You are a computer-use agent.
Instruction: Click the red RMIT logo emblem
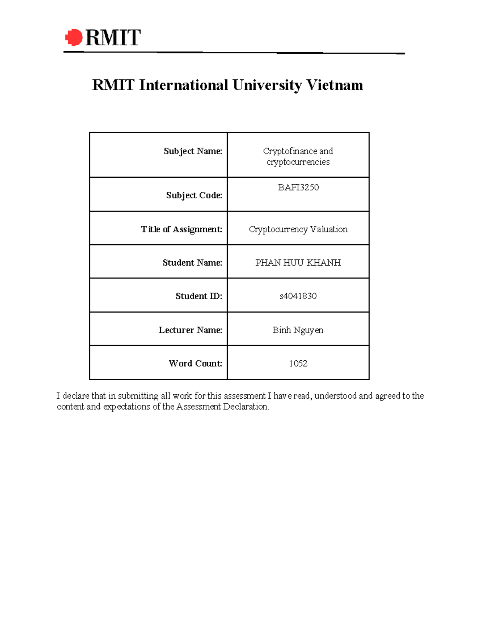(x=74, y=37)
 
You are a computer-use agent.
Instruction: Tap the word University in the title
(x=267, y=85)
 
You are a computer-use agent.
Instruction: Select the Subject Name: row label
(x=193, y=151)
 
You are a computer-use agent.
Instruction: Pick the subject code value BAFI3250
(x=298, y=187)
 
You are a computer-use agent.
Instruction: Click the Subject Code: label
(x=194, y=195)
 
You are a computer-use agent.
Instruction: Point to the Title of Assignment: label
(x=182, y=229)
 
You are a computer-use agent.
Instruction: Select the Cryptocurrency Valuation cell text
(x=298, y=229)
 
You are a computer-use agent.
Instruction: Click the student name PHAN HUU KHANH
(x=298, y=263)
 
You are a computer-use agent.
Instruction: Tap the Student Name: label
(x=192, y=263)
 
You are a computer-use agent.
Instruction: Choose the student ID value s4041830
(x=298, y=296)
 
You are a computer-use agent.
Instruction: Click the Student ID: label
(x=199, y=296)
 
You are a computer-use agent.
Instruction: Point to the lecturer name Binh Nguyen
(x=298, y=330)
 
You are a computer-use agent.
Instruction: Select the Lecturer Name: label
(x=190, y=330)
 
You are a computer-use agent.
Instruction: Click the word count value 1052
(x=298, y=363)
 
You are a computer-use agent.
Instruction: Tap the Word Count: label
(x=196, y=363)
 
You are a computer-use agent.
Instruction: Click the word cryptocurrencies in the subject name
(x=298, y=162)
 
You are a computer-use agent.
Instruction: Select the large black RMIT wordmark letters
(x=113, y=38)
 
